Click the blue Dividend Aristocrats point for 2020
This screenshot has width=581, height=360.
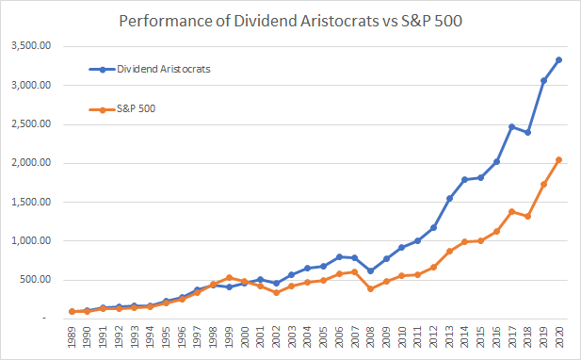click(559, 59)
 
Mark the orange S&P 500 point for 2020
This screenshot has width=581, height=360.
click(559, 159)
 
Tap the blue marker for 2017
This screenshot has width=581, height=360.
click(512, 126)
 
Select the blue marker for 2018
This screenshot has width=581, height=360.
click(527, 132)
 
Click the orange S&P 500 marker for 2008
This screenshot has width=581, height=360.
click(370, 288)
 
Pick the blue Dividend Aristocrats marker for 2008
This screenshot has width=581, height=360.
click(370, 270)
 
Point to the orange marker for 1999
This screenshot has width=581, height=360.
click(229, 277)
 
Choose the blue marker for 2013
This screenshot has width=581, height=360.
click(449, 198)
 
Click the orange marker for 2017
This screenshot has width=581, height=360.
click(512, 212)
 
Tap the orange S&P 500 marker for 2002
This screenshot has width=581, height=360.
click(276, 292)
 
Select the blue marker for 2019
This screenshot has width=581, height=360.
click(543, 80)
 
